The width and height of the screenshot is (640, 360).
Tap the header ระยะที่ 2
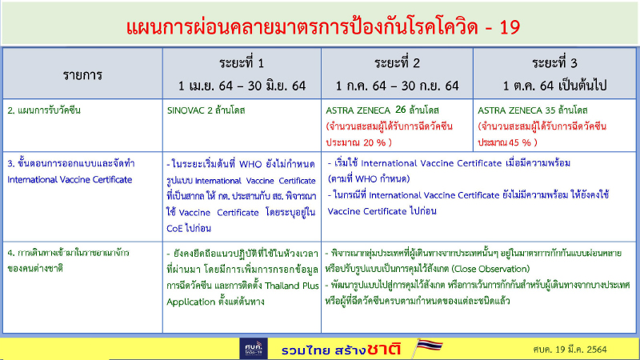[x=397, y=63]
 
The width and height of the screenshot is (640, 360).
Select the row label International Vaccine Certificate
[x=70, y=179]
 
